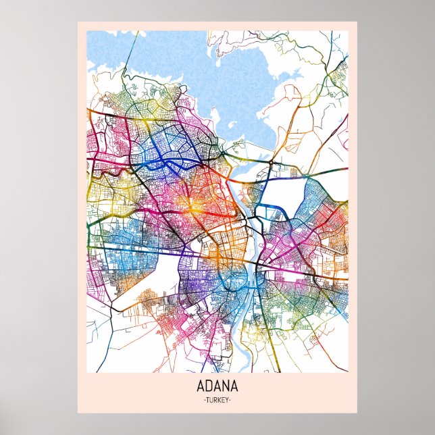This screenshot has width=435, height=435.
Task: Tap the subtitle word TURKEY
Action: [217, 400]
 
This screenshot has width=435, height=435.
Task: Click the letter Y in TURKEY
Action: [227, 400]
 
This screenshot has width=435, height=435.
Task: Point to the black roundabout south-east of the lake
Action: [271, 163]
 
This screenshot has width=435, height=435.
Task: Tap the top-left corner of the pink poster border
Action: [78, 22]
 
